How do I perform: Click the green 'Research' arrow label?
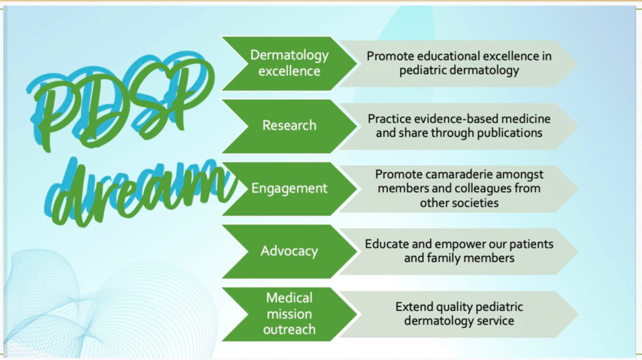coord(289,125)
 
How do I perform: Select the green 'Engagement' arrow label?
coord(289,188)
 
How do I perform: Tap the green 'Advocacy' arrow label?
coord(289,251)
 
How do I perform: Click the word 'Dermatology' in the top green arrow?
coord(289,55)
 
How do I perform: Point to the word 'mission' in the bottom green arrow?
coord(289,314)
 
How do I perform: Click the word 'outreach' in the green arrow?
coord(289,329)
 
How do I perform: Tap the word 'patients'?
coord(531,245)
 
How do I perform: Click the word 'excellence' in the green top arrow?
coord(289,71)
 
